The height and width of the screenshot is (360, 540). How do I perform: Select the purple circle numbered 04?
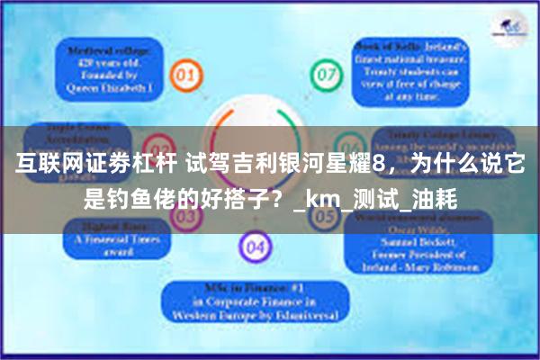click(x=256, y=246)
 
